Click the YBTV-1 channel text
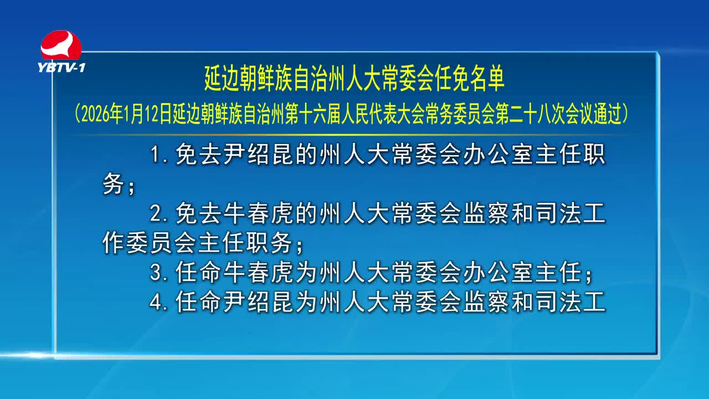tap(61, 68)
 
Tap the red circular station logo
tap(61, 45)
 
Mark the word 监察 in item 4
tap(486, 301)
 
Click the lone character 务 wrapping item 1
tap(113, 183)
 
